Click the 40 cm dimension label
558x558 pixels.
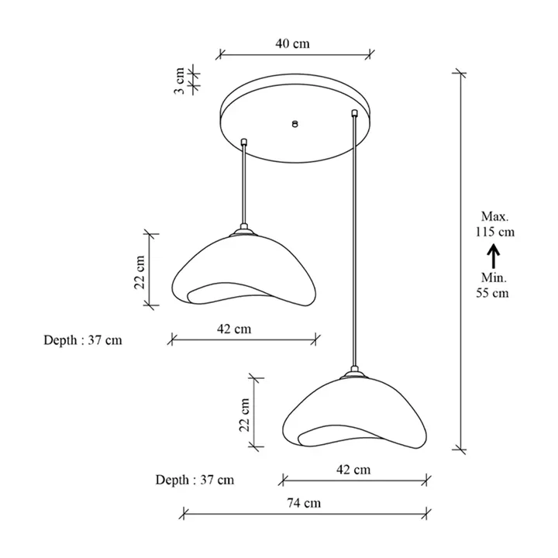[x=292, y=43]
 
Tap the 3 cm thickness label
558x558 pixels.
[x=180, y=81]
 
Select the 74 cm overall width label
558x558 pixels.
[x=304, y=503]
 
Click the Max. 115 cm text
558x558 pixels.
[x=495, y=224]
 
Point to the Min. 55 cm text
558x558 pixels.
[x=493, y=285]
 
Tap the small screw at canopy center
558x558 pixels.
[x=294, y=123]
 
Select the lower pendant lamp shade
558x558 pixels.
[x=354, y=414]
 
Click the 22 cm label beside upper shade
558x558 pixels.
[x=139, y=272]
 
